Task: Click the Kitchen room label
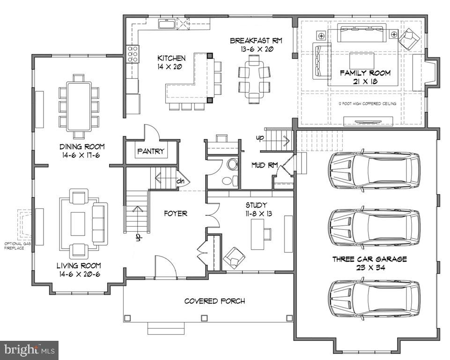171,59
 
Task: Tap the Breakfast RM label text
251,41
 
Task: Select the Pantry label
151,151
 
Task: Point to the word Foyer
176,213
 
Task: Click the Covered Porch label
214,301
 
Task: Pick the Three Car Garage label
369,259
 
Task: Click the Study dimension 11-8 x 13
256,213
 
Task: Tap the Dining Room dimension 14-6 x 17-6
78,154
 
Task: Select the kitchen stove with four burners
132,54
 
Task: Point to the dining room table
78,106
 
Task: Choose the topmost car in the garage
374,170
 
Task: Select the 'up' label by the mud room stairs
259,138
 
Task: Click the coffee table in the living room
78,224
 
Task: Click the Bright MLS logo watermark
29,350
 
